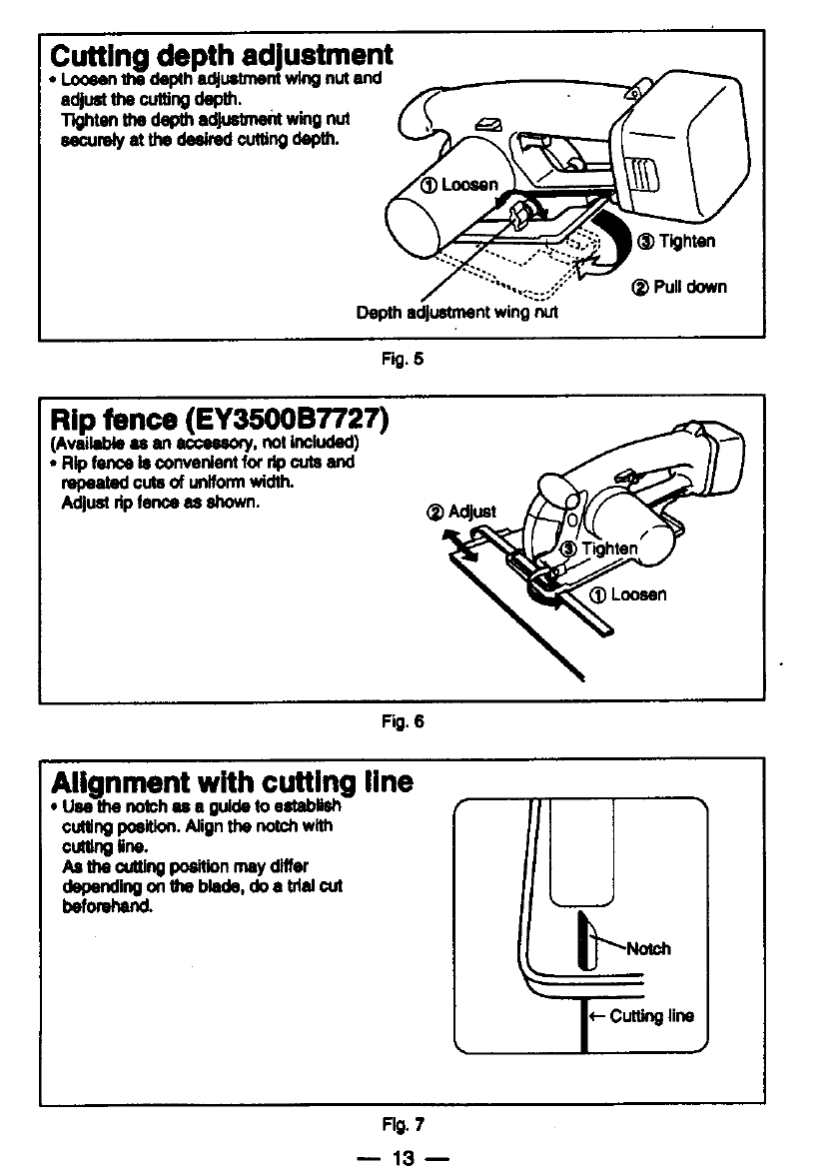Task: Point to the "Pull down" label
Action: (x=678, y=287)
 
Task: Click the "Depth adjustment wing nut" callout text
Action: (x=457, y=313)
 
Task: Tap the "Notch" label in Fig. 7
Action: (x=646, y=948)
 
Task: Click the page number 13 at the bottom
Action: (x=403, y=1157)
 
